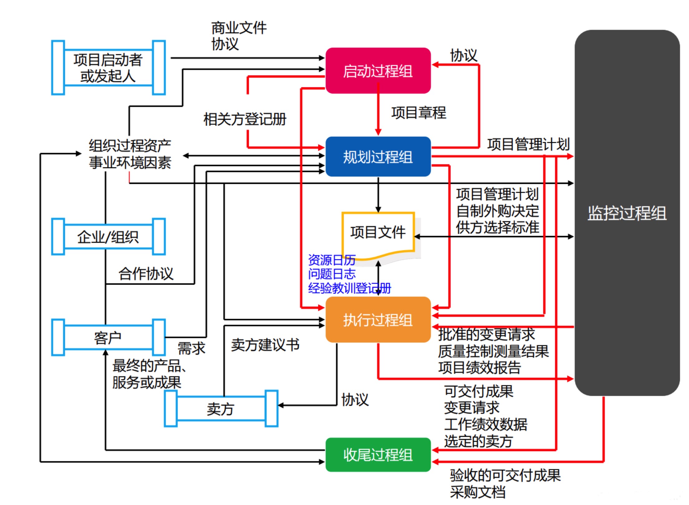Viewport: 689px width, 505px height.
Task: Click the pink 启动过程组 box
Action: click(378, 71)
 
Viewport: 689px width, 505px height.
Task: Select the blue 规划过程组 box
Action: click(378, 156)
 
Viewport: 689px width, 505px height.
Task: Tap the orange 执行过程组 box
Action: click(378, 320)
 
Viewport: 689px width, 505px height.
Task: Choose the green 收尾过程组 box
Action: click(378, 455)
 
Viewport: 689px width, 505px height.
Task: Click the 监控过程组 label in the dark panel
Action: click(627, 214)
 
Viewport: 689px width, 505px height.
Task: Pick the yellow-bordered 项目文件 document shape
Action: click(378, 233)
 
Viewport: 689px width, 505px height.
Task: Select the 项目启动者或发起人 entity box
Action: click(108, 68)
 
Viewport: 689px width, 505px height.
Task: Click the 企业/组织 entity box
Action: click(108, 237)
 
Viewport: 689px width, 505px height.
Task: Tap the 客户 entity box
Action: click(108, 338)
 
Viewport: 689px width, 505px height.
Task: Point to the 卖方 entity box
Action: click(221, 409)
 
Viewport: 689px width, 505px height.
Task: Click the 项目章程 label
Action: click(418, 113)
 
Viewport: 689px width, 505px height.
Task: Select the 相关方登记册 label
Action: click(245, 119)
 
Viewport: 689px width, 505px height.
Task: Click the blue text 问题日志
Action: click(332, 274)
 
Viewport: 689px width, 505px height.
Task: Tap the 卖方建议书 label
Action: click(265, 345)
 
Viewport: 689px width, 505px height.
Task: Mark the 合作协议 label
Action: click(146, 274)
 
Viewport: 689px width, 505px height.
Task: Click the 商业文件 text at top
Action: click(239, 28)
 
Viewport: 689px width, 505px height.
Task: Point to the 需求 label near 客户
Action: click(191, 348)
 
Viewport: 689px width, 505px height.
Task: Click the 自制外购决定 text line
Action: click(497, 211)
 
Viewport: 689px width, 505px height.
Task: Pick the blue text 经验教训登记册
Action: click(349, 288)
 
